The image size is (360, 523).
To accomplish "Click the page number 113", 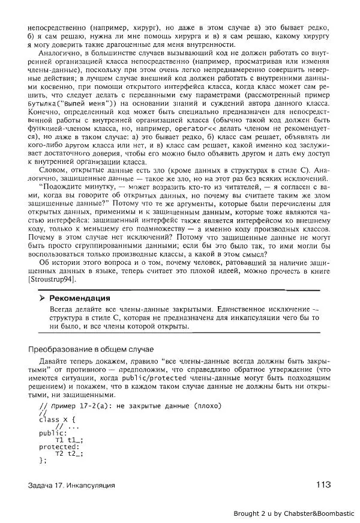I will tap(320, 485).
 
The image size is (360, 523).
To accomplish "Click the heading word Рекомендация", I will tap(79, 298).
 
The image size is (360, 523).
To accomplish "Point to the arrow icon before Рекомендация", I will tap(41, 298).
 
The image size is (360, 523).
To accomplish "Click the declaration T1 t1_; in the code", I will tap(67, 440).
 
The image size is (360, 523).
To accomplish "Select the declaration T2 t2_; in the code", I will tap(67, 453).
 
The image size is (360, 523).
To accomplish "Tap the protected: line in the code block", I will tap(58, 447).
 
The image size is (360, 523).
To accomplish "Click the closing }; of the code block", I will tap(41, 461).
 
